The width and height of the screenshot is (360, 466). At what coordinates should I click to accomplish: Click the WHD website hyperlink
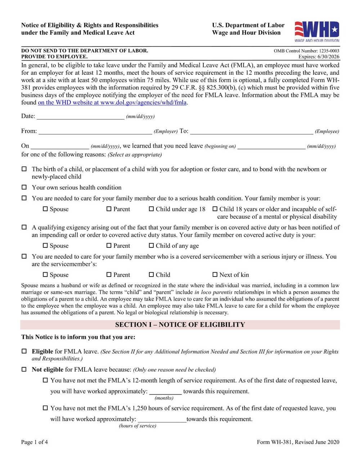tap(112, 103)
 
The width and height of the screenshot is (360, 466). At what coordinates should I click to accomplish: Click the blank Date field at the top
tap(80, 116)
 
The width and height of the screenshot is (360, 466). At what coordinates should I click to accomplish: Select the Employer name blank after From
tap(95, 131)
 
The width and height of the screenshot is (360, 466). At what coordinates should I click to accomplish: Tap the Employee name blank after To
tap(251, 131)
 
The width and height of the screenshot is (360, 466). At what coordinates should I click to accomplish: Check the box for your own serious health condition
tap(24, 187)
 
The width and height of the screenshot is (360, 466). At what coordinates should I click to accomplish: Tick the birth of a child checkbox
tap(24, 169)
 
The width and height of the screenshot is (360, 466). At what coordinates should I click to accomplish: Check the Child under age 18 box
tap(151, 209)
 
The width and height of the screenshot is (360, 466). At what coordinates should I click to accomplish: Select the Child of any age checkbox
tap(151, 246)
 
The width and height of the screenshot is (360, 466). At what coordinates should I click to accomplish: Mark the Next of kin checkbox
tap(215, 275)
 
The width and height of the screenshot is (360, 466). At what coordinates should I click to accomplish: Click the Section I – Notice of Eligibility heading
tap(180, 324)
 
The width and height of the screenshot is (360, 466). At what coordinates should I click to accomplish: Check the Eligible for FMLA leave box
tap(24, 351)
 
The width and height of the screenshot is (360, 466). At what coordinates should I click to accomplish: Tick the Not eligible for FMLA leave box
tap(24, 369)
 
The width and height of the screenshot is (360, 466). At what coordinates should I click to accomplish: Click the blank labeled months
tap(165, 391)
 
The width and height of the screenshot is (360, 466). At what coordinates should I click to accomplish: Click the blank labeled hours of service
tap(162, 419)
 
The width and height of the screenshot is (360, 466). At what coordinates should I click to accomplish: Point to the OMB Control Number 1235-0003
tap(306, 51)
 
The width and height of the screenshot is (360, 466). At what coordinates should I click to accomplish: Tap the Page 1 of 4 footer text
tap(35, 442)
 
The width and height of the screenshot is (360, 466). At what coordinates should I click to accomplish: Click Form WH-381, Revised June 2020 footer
tap(298, 442)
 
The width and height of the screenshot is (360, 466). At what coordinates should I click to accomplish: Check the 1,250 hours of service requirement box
tap(45, 408)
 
